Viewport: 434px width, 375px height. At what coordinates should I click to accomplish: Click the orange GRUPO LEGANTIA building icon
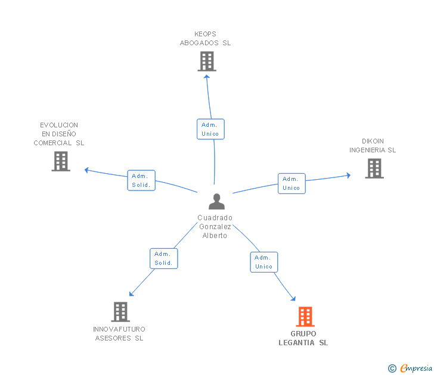click(x=305, y=317)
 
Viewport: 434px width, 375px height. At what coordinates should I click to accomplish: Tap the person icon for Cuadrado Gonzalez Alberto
click(x=216, y=201)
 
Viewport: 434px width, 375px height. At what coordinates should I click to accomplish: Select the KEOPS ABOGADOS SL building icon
click(x=207, y=62)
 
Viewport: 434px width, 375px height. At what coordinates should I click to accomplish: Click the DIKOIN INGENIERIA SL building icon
click(x=374, y=168)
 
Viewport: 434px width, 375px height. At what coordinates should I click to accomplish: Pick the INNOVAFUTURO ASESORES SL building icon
click(x=120, y=312)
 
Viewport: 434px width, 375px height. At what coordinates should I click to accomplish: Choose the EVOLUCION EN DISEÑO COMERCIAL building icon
click(x=61, y=161)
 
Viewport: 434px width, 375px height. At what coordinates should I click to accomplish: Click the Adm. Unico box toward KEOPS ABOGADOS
click(x=210, y=129)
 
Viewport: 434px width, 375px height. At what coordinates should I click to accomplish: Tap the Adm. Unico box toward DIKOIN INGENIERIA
click(x=292, y=183)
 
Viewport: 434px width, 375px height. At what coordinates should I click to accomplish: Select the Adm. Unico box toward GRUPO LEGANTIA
click(x=264, y=262)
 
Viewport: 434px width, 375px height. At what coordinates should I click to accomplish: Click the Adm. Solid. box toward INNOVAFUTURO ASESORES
click(x=164, y=258)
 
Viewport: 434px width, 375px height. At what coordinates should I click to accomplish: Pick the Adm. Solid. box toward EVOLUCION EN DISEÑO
click(x=141, y=180)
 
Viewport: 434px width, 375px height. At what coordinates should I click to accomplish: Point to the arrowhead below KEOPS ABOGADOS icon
click(x=206, y=77)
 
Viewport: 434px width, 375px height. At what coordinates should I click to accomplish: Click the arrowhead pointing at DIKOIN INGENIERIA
click(x=349, y=175)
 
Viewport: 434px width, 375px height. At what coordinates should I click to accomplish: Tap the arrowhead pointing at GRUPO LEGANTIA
click(x=293, y=298)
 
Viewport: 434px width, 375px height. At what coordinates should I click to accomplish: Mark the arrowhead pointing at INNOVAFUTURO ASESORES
click(x=131, y=294)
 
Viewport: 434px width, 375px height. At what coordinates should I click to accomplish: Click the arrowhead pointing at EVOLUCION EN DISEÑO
click(x=86, y=170)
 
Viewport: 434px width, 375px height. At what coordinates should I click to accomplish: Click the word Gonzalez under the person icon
click(x=215, y=227)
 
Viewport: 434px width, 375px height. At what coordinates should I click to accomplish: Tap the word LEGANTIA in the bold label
click(x=296, y=343)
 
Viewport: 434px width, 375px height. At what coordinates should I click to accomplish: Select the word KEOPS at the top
click(x=205, y=34)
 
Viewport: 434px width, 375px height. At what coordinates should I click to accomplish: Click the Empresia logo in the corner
click(x=410, y=368)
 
